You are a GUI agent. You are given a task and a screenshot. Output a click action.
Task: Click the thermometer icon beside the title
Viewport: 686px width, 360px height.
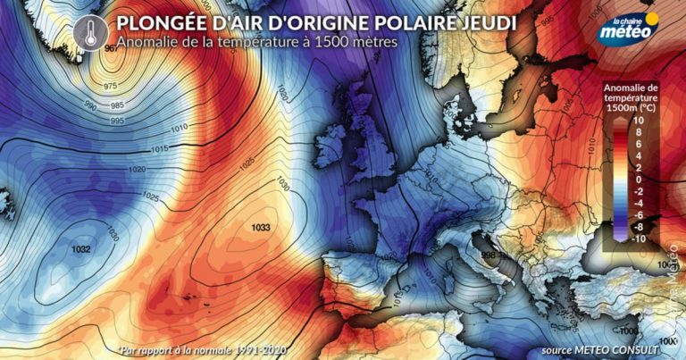pos(88,30)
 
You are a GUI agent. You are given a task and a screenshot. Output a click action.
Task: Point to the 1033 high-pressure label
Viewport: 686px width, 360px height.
pos(261,228)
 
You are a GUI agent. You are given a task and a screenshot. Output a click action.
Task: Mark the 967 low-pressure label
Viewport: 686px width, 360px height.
pos(111,48)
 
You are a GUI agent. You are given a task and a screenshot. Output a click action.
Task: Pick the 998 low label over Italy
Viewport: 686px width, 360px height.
pos(489,255)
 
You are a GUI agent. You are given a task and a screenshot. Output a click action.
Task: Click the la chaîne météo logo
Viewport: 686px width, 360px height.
pos(630,26)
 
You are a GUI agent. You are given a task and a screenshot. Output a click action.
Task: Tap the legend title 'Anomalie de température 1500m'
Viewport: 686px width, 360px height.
pos(632,97)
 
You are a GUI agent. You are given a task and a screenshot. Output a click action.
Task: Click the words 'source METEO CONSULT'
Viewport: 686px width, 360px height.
pos(599,347)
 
